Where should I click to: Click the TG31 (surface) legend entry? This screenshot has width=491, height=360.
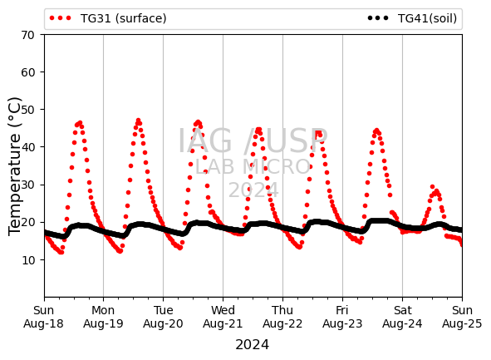[x=108, y=18]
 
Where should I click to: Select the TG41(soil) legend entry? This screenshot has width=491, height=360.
[x=412, y=18]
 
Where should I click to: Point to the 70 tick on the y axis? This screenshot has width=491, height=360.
[x=27, y=35]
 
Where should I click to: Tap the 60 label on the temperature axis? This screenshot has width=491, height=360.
[x=27, y=72]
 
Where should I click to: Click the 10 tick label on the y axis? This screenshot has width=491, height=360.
[x=27, y=259]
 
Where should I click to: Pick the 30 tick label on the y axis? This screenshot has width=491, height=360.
[x=27, y=185]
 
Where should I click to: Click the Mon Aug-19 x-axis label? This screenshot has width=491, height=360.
[x=103, y=317]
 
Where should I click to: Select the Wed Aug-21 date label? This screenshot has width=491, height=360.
[x=223, y=317]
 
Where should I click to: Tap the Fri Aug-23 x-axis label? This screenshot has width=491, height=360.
[x=342, y=317]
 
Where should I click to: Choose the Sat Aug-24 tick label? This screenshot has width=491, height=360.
[x=402, y=317]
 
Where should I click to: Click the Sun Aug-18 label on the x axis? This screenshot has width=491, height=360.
[x=43, y=317]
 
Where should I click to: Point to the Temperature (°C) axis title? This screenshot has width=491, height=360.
[x=14, y=166]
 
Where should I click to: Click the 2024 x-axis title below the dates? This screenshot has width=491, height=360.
[x=252, y=345]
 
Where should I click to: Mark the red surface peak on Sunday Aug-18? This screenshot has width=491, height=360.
[x=80, y=123]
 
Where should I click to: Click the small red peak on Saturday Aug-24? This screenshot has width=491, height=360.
[x=433, y=187]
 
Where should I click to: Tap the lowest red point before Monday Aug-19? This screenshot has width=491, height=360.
[x=61, y=252]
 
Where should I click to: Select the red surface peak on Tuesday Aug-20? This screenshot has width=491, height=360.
[x=198, y=122]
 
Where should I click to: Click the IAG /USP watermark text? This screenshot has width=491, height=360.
[x=253, y=141]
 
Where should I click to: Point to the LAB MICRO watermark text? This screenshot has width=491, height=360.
[x=253, y=166]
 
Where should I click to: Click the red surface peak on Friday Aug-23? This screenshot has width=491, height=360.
[x=376, y=131]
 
